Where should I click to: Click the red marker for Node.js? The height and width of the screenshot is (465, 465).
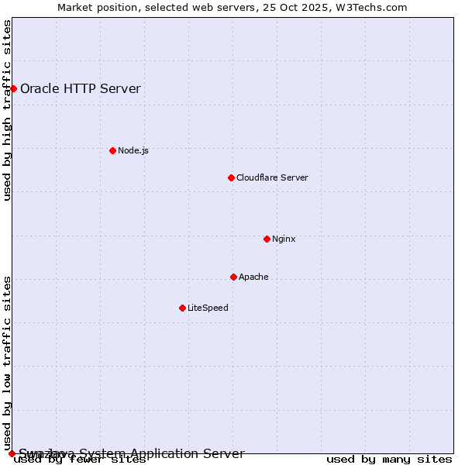[112, 150]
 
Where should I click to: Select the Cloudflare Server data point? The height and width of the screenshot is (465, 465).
[231, 177]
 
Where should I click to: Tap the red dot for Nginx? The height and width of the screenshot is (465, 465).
[267, 239]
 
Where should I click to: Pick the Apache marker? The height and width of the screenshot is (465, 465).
[233, 277]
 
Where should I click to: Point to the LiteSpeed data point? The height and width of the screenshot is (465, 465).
[182, 308]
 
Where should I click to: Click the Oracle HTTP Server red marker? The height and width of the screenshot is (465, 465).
[13, 88]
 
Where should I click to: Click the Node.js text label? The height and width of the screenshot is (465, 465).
[133, 150]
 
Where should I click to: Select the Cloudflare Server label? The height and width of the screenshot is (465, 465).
[272, 177]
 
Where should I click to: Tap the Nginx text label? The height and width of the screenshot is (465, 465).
[284, 239]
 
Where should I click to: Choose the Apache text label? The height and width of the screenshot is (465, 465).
[253, 277]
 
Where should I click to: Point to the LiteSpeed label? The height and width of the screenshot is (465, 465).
[208, 308]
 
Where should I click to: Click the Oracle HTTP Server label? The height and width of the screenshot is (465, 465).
[81, 88]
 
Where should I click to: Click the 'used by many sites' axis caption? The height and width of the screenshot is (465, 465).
[389, 460]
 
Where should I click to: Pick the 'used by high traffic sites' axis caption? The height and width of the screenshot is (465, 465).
[8, 110]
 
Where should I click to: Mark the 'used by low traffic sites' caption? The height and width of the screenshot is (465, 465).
[8, 363]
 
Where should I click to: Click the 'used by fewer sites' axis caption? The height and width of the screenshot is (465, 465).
[80, 460]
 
